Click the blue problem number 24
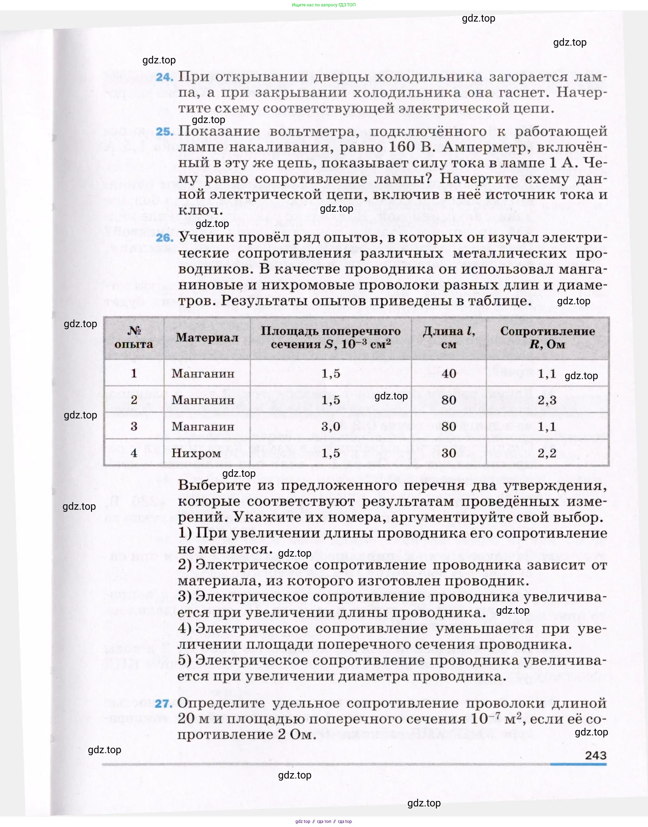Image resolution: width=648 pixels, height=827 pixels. tap(164, 77)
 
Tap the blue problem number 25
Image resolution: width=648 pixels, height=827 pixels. tap(164, 132)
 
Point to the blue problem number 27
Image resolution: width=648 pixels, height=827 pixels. tap(164, 704)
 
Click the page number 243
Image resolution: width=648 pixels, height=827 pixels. tap(596, 755)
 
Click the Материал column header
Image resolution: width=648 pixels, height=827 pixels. tap(207, 338)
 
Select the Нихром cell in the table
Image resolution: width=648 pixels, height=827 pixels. tap(196, 453)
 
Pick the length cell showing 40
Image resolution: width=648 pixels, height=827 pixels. tap(449, 374)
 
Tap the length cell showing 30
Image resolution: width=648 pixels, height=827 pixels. tap(449, 453)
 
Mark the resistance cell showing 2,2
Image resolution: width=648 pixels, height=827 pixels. tap(547, 453)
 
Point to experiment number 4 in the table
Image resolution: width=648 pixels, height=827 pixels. tap(134, 453)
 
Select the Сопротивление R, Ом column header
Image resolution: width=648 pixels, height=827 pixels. tap(547, 338)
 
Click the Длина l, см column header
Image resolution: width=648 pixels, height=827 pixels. tap(449, 338)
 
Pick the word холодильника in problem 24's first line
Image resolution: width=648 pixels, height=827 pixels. tap(429, 77)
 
